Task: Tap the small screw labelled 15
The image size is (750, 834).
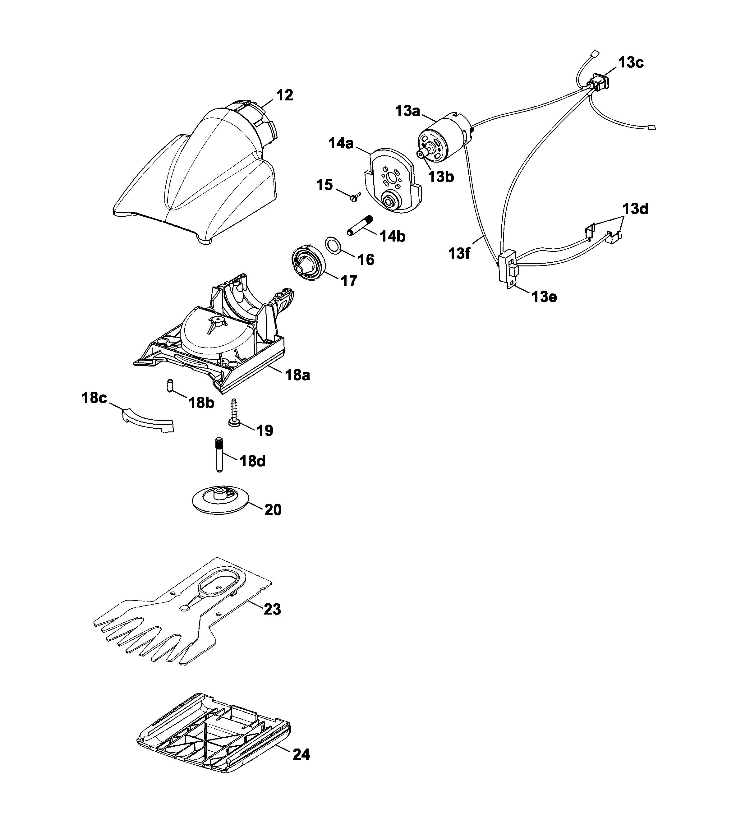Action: coord(354,197)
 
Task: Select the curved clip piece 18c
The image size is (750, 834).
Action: coord(148,420)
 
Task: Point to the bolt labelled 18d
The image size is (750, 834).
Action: coord(219,454)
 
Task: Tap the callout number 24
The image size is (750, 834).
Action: coord(301,754)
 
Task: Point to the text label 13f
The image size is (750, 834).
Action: coord(459,253)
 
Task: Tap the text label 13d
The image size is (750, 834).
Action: coord(635,209)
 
